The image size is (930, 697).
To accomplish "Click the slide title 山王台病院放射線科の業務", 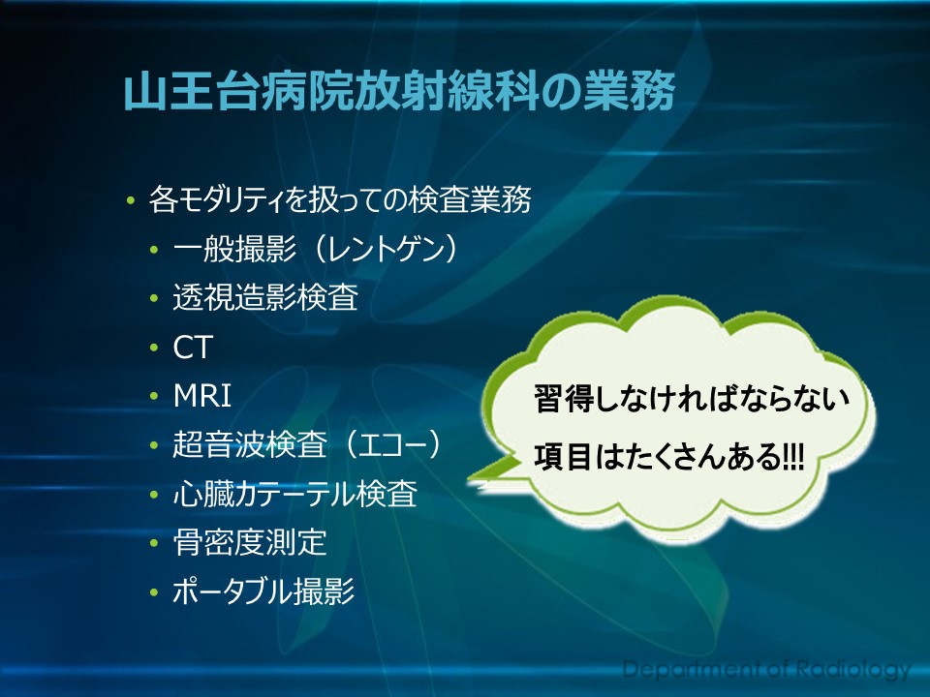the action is (x=399, y=91).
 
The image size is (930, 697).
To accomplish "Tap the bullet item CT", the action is (x=193, y=348).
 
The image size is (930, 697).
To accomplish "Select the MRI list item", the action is (x=202, y=396).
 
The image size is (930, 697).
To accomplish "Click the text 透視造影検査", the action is (x=265, y=297).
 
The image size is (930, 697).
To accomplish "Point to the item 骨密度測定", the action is (x=250, y=542).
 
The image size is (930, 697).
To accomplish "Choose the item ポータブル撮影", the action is (x=263, y=591).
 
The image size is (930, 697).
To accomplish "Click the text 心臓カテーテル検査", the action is (x=295, y=494).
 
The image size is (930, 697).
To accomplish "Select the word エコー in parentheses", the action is (x=392, y=444).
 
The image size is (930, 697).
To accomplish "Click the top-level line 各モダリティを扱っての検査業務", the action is (x=340, y=199).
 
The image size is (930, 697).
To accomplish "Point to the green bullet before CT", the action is (x=154, y=348).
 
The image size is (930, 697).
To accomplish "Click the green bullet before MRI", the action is (x=154, y=396).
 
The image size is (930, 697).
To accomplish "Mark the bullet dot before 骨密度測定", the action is (x=154, y=543).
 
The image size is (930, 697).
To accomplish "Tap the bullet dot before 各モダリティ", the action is (x=131, y=200).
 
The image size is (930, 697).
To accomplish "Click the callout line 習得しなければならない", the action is (x=692, y=399).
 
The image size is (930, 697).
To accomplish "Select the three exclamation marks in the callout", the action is (x=793, y=458).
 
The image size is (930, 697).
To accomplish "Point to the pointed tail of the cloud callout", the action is (x=470, y=477).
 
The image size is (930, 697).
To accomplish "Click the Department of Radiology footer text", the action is (x=766, y=669).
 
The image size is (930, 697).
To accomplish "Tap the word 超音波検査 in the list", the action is (x=250, y=444).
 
